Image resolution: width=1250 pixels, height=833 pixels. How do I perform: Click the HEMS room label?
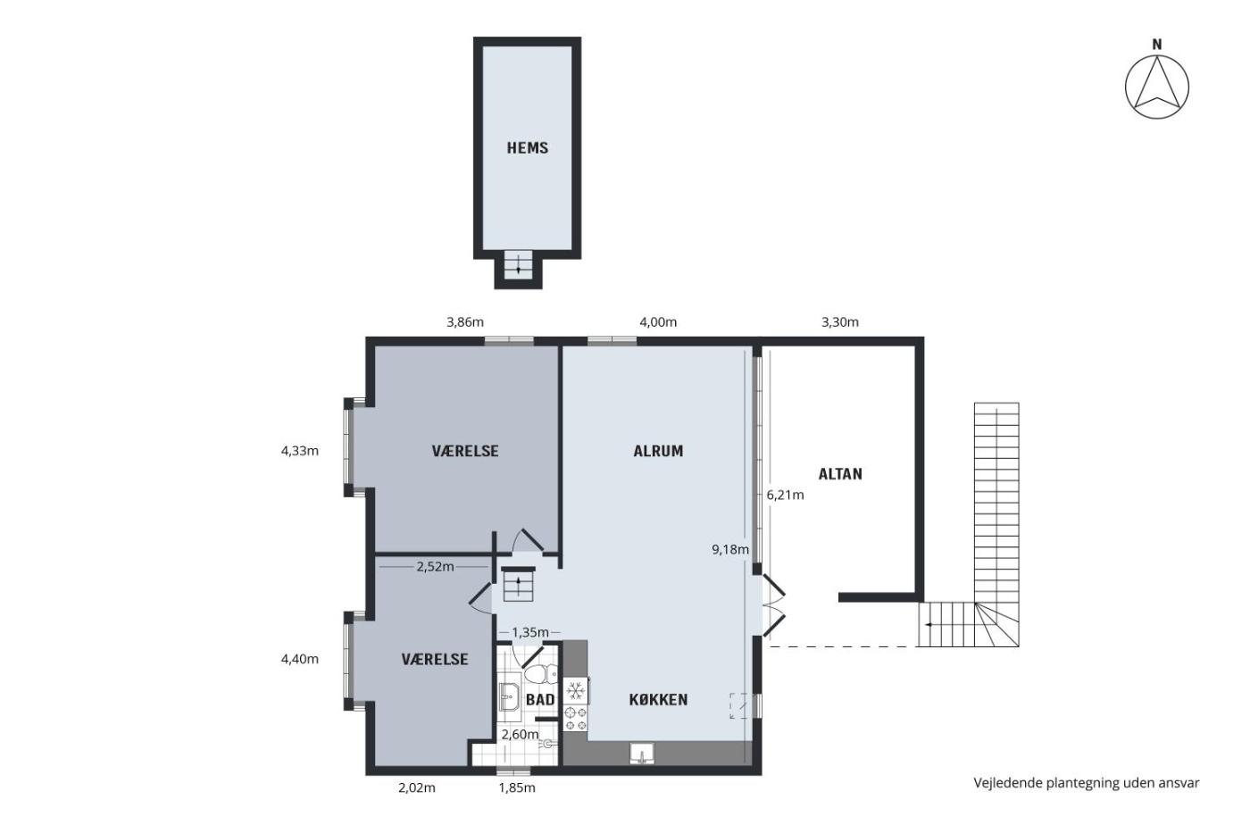coord(527,148)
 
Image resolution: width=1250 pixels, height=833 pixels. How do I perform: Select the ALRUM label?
coord(658,451)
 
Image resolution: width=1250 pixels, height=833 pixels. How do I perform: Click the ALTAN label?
coord(840,474)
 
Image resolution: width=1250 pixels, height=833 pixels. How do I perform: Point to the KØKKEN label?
coord(658,700)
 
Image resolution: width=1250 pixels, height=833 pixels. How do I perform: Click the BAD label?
coord(540,700)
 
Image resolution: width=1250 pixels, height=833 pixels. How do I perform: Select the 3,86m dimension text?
coord(465,322)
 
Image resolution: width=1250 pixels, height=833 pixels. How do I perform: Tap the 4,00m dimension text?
coord(658,322)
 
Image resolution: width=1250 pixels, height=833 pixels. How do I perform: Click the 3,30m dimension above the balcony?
coord(840,322)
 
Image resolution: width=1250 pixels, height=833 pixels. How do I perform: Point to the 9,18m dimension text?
coord(730,550)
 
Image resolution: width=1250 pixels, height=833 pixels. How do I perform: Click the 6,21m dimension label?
coord(785,495)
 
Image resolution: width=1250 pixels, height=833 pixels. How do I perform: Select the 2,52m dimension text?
coord(435,567)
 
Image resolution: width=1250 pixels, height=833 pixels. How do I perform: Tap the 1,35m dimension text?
coord(530,632)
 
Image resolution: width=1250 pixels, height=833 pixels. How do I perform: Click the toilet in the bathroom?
coord(540,675)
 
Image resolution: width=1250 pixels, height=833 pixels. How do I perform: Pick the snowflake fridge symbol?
coord(575,692)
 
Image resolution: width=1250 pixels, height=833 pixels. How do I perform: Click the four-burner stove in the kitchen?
coord(575,718)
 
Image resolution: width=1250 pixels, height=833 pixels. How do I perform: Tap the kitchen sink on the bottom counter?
coord(642,754)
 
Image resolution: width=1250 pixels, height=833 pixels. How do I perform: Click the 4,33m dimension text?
coord(300,451)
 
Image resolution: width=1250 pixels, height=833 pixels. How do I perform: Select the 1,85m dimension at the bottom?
coord(517,787)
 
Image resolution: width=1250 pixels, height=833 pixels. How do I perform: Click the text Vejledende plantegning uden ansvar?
coord(1087,783)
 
